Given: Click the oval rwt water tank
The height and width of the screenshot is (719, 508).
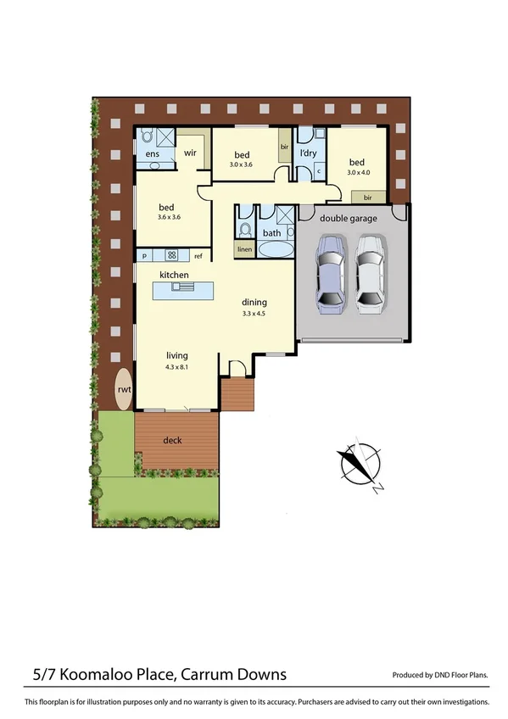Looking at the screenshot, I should [x=124, y=389].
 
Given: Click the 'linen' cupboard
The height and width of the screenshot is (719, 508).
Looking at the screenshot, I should [x=244, y=249].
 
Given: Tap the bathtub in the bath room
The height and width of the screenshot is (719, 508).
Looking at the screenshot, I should [x=273, y=249].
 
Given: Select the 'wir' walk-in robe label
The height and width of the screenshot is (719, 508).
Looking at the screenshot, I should [x=191, y=153].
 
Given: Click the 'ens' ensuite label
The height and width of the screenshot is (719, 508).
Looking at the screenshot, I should [x=153, y=154].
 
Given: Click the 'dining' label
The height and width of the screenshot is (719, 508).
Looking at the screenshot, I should [x=254, y=302].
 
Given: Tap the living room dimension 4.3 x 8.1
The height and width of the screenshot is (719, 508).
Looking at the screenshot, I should [x=177, y=366].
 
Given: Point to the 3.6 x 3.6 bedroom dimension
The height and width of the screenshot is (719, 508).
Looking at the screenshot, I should [x=169, y=217].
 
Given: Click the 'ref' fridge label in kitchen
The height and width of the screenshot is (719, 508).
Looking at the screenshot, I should [x=198, y=255].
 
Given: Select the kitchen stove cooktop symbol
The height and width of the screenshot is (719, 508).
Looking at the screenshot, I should [x=171, y=255].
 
